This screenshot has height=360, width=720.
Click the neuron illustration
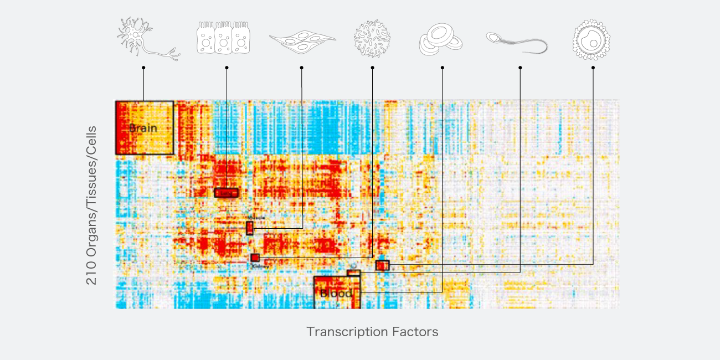click(x=146, y=38)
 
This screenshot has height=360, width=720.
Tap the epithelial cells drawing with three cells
click(x=223, y=38)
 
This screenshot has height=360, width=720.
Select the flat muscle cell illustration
click(x=302, y=39)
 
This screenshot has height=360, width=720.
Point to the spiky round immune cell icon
click(x=372, y=38)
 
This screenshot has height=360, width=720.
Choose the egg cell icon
click(x=591, y=39)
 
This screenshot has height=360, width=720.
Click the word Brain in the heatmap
click(x=143, y=128)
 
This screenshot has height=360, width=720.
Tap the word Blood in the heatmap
click(x=336, y=294)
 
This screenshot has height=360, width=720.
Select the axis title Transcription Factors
click(x=372, y=332)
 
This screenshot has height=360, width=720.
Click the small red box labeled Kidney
click(x=255, y=258)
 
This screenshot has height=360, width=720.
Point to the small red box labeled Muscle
click(x=250, y=228)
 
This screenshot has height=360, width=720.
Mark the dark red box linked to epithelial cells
click(x=226, y=193)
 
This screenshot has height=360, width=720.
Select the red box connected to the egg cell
click(x=382, y=265)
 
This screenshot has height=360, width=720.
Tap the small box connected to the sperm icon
click(x=353, y=272)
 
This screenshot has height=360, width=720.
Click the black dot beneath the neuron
click(x=143, y=68)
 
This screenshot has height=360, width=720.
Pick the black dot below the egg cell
click(x=593, y=68)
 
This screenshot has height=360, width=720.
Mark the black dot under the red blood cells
click(x=442, y=68)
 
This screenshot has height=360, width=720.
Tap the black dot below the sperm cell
click(x=520, y=68)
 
